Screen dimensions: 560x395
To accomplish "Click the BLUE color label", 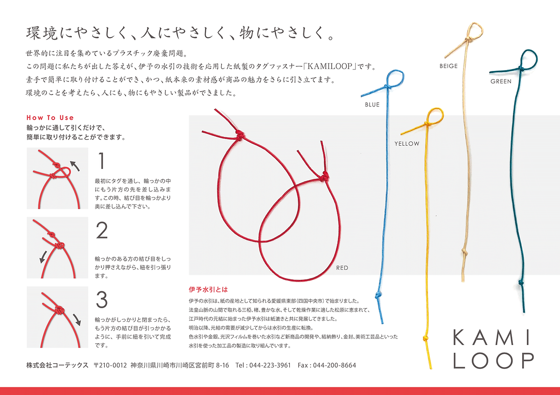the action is coord(372,105).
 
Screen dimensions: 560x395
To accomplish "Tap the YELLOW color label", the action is coord(407,144).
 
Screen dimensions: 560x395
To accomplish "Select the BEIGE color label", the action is coord(448,66).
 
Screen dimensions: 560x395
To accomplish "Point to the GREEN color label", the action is coord(501,81).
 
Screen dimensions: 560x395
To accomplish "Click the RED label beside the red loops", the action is coord(342,268).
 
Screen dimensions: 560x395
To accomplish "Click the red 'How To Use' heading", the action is coord(50,118).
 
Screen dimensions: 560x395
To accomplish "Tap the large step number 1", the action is coord(101,161).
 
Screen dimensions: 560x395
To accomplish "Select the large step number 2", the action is coord(102,230).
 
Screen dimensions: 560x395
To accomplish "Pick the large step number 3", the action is coord(102,299).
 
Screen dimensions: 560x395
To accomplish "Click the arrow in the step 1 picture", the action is coord(75,166).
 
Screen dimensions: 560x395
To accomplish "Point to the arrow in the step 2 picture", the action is coord(43,257).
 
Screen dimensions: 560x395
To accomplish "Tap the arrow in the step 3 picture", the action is coord(77,320).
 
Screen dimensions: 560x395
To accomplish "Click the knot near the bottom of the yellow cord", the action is coord(425,338).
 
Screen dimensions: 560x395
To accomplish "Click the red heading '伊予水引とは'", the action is coord(208,289).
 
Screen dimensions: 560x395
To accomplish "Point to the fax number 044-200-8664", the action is coord(334,366).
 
